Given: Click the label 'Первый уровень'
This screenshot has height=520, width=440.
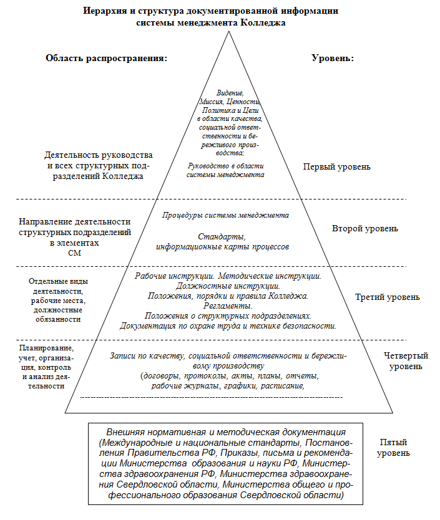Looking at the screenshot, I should tap(336, 166).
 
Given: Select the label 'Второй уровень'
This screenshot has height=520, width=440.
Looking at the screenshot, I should tap(364, 228).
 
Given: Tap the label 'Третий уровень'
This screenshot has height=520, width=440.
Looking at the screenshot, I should tap(387, 297).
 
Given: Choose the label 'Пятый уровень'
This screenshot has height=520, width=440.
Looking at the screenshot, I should tap(394, 447).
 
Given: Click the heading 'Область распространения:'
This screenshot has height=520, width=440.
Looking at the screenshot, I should tap(107, 58).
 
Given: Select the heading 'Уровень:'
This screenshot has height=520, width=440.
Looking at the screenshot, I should tap(333, 58).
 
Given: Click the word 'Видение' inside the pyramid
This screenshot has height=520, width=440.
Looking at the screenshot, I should tap(226, 92).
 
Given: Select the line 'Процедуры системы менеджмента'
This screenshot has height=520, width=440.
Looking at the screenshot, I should tap(225, 215).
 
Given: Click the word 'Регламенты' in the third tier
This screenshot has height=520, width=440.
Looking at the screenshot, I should tap(228, 306).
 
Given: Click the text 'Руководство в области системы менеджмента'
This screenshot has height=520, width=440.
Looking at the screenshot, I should tap(226, 170).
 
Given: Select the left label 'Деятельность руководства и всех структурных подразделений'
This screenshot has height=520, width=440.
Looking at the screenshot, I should tap(99, 165).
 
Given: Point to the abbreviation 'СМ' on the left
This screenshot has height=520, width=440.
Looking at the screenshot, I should tap(74, 253).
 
